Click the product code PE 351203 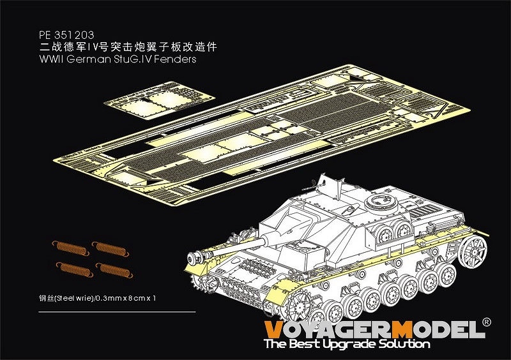66,35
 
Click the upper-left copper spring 71,248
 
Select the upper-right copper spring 110,248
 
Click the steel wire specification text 97,298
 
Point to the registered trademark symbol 486,322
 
